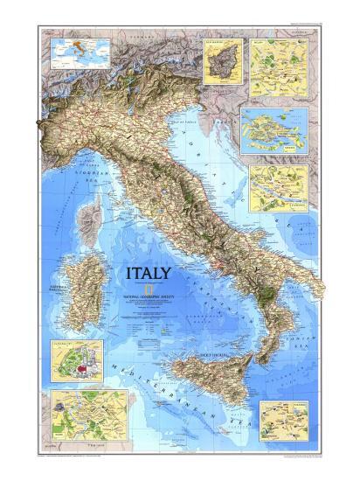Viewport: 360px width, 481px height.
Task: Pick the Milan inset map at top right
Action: click(x=275, y=59)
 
